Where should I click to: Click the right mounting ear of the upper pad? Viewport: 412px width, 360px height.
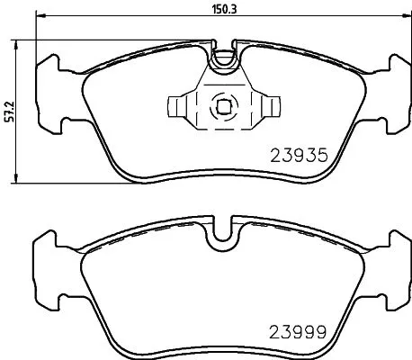click(x=397, y=90)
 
